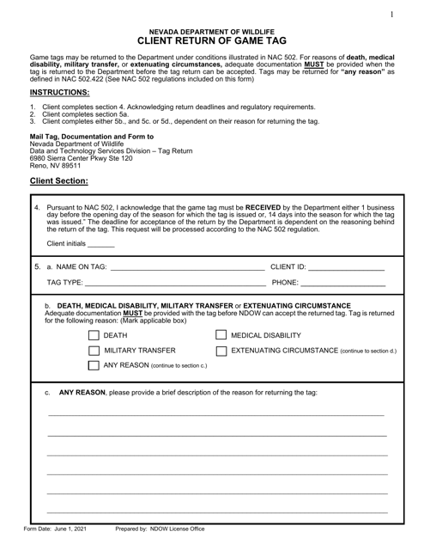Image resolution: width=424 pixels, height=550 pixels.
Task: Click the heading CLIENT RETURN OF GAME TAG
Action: pos(211,39)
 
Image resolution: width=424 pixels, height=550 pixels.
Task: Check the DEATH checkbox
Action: pos(95,335)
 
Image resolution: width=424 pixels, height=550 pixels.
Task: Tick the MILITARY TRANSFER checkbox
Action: pos(95,351)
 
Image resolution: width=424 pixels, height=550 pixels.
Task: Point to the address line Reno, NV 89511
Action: pos(59,166)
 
